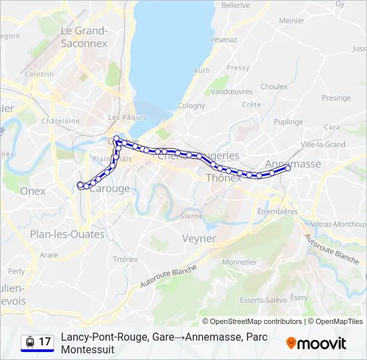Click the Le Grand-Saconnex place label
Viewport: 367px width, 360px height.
click(83, 37)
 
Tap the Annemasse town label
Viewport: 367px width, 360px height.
click(293, 163)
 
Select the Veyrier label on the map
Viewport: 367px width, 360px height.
click(199, 238)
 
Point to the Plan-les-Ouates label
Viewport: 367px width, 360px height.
click(67, 234)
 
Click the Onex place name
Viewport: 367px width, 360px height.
click(33, 191)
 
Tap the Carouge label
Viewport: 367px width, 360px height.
click(109, 189)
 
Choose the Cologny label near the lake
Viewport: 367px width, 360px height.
click(191, 105)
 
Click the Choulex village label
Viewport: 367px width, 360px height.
click(274, 86)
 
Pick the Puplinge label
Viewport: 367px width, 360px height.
click(288, 122)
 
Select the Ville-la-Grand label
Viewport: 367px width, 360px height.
click(323, 144)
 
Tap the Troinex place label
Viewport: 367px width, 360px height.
click(125, 259)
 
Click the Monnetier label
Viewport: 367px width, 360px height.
click(240, 262)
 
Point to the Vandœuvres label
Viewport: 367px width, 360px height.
click(232, 91)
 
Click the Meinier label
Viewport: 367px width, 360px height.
click(292, 21)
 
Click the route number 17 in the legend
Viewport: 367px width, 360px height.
click(45, 342)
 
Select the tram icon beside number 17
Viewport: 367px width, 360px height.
click(29, 342)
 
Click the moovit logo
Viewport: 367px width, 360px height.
click(316, 343)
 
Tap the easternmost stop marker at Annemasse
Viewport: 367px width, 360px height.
click(289, 168)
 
